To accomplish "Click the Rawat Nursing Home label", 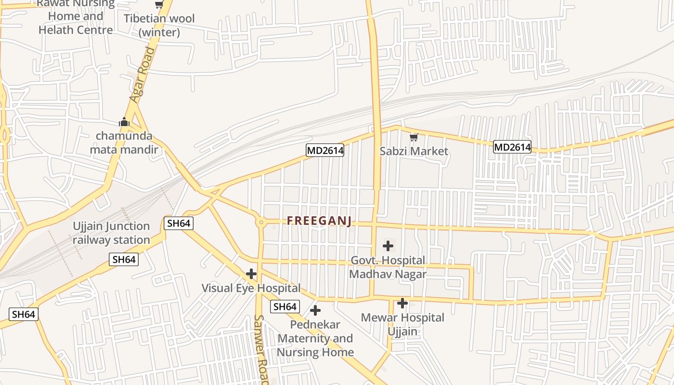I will [76, 16].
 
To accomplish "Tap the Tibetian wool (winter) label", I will [159, 26].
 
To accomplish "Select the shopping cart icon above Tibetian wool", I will [159, 5].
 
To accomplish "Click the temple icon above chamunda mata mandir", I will [124, 122].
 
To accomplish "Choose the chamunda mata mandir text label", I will [124, 142].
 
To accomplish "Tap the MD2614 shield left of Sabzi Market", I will [325, 151].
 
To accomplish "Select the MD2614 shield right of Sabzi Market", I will [512, 147].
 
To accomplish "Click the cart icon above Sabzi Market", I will [414, 138].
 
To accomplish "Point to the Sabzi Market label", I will [414, 151].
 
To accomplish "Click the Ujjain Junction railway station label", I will [111, 233].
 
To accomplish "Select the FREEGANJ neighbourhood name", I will [319, 221].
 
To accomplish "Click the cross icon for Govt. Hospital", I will [388, 246].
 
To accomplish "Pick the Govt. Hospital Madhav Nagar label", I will [388, 267].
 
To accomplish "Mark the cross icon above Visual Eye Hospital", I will [251, 274].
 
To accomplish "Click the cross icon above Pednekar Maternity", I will [315, 310].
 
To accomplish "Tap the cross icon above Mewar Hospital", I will [402, 303].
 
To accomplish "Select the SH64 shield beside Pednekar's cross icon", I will [285, 307].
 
